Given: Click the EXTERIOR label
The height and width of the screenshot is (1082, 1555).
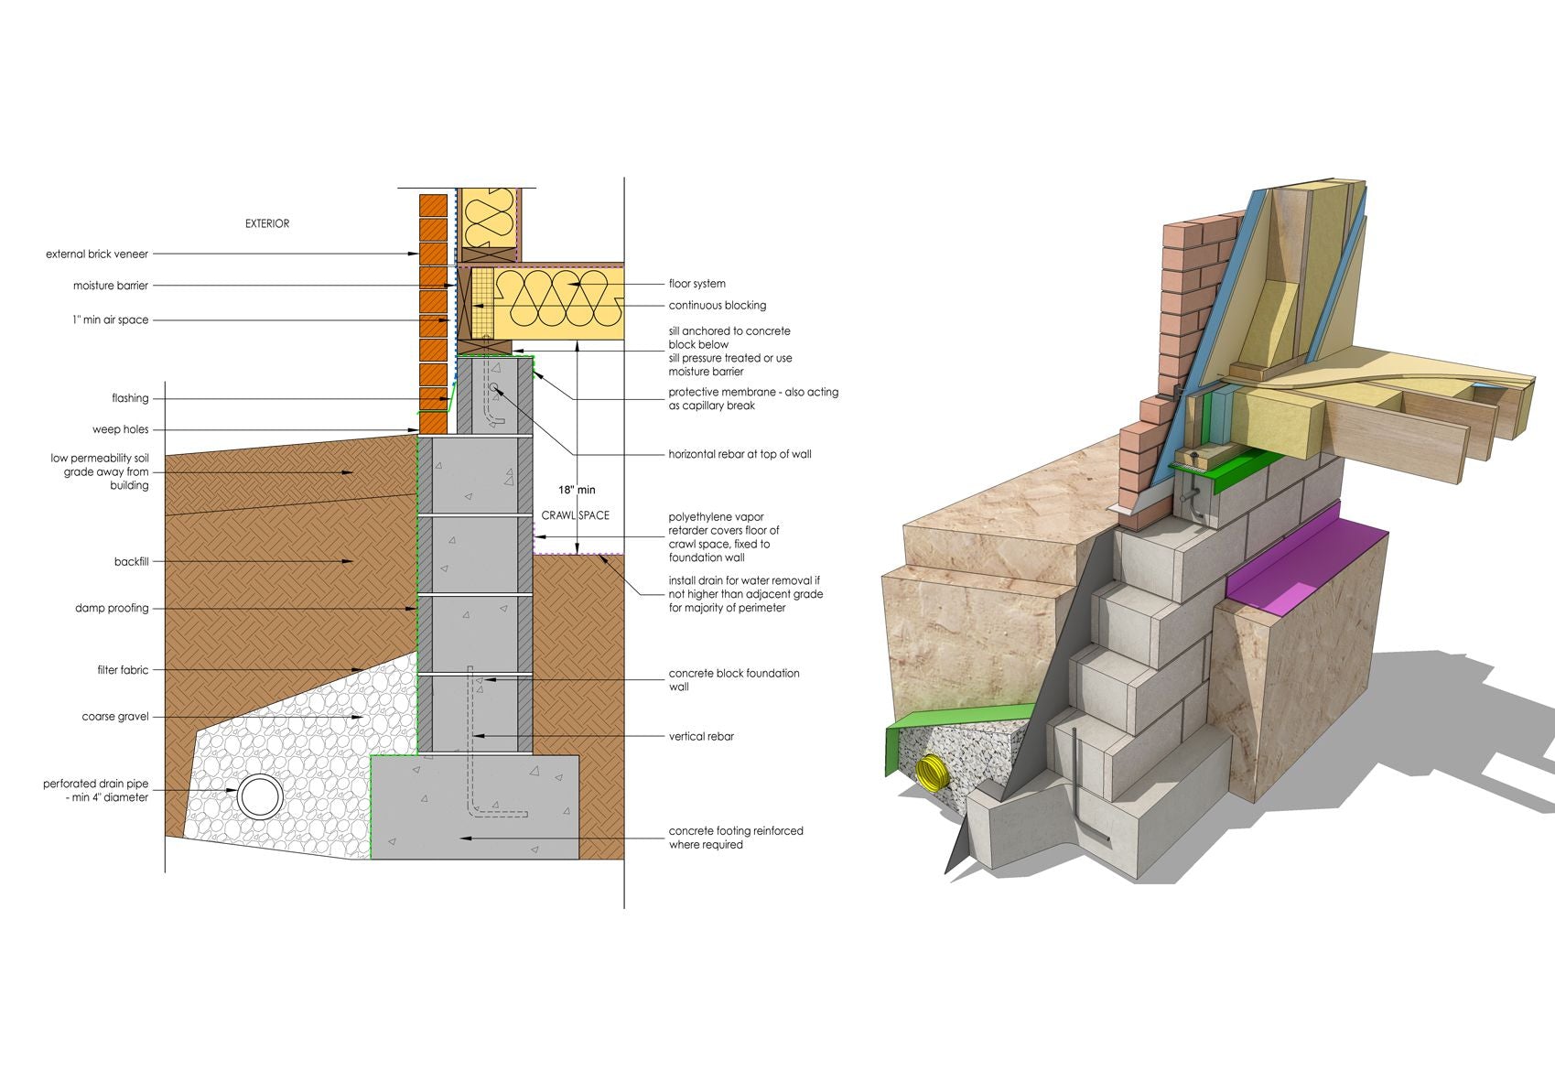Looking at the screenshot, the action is (267, 223).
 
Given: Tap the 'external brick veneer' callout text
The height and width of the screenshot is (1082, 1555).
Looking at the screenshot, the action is (97, 254).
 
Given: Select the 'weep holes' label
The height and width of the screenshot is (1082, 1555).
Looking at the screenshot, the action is (121, 429).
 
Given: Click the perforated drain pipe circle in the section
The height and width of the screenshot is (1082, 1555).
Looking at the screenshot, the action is (260, 796).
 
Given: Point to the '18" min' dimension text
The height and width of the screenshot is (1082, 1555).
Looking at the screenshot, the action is (577, 490).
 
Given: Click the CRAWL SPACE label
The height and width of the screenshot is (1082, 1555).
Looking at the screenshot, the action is (576, 515).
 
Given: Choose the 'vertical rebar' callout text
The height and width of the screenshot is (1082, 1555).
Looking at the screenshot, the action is (701, 736).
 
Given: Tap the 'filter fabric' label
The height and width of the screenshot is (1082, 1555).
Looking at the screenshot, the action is (123, 670).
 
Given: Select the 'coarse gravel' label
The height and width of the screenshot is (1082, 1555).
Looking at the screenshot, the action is (115, 717).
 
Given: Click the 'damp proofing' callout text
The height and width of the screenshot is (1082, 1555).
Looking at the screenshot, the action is (112, 609).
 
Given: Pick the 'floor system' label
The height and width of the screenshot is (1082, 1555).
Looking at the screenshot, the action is (697, 284).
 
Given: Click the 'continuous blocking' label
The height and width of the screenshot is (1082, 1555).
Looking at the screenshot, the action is (718, 305).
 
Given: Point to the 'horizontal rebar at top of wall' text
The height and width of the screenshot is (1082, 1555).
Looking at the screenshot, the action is (740, 454).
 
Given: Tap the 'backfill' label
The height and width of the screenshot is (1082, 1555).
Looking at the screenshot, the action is (132, 561).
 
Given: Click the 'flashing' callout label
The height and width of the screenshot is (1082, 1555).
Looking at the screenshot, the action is (131, 398).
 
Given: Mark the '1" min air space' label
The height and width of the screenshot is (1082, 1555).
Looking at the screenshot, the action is (111, 319).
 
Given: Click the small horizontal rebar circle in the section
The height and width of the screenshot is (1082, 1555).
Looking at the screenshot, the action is (493, 387).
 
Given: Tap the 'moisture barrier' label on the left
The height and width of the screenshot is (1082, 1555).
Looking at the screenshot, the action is (111, 286).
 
